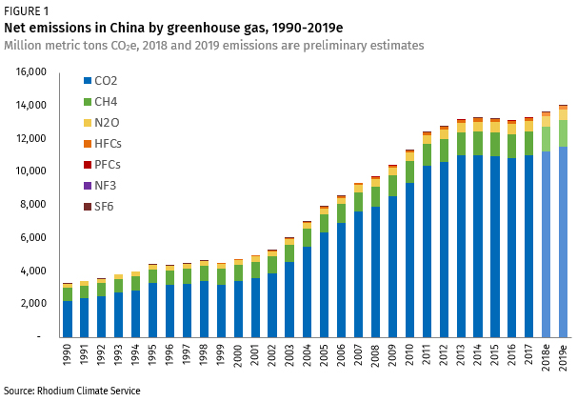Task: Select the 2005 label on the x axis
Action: coord(325,361)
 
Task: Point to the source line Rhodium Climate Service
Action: coord(71,391)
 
